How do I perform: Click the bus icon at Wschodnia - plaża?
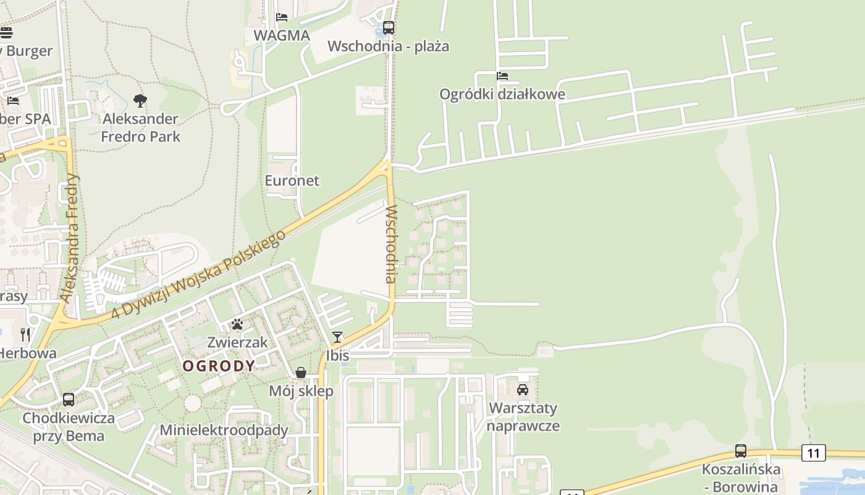click(388, 28)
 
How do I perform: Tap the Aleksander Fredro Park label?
click(141, 127)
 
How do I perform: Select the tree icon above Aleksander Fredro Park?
click(140, 100)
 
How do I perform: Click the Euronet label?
click(292, 180)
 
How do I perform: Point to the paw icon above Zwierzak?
click(237, 324)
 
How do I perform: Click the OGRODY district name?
click(219, 366)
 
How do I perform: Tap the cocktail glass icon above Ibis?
click(337, 337)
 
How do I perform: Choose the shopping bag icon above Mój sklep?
click(301, 372)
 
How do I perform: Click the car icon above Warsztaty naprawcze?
click(523, 390)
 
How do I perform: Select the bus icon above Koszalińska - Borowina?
click(741, 451)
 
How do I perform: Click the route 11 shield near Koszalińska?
click(813, 453)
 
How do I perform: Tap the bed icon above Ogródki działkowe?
click(502, 76)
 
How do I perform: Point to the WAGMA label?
click(282, 35)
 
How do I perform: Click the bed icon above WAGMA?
click(282, 17)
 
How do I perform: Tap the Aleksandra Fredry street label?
click(70, 238)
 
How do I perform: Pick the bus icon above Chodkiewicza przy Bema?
click(69, 400)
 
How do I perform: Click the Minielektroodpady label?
click(224, 430)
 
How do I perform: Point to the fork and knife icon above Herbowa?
click(25, 335)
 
